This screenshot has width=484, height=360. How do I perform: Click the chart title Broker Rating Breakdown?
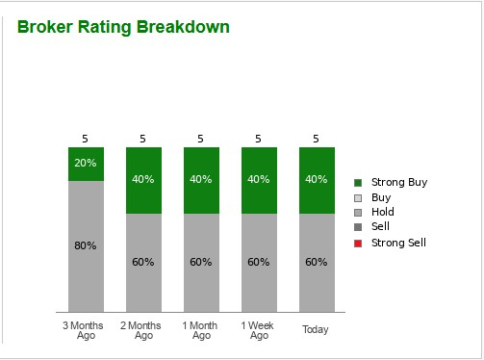123,27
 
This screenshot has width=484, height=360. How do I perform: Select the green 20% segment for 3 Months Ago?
86,164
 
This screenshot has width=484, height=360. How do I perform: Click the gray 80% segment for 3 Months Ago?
86,245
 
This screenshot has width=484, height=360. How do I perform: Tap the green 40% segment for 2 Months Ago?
143,180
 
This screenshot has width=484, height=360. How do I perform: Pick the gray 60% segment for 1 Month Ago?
201,262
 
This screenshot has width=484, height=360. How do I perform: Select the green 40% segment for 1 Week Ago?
259,180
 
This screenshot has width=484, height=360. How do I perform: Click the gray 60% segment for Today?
317,262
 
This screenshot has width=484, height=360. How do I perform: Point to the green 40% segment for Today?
317,180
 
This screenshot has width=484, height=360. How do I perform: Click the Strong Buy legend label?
398,182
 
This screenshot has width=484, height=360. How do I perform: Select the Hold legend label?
383,212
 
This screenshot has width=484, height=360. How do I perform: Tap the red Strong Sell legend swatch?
359,244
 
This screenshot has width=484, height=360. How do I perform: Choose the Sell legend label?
381,227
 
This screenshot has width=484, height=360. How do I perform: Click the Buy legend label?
381,197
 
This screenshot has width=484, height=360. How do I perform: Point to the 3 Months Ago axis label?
86,330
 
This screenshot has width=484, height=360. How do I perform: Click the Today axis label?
316,330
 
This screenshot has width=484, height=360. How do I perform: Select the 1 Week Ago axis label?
259,330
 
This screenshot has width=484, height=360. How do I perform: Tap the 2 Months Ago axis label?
143,330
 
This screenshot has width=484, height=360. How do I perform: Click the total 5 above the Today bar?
317,139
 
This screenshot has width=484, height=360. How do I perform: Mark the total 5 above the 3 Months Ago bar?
86,139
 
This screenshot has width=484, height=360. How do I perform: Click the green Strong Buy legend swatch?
359,183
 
